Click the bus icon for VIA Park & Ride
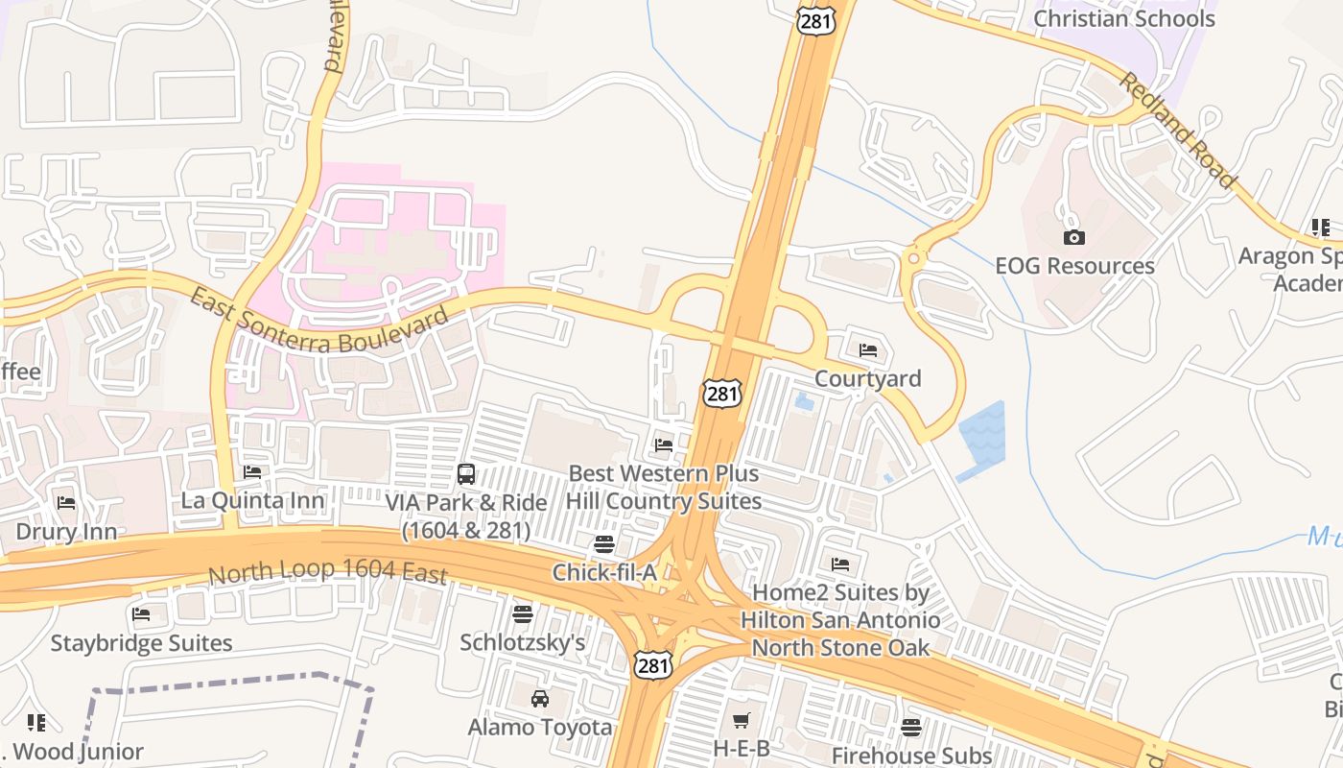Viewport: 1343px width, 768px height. point(465,473)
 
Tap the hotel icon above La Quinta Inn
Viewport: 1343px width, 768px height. point(252,471)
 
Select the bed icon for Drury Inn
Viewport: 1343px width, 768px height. point(66,502)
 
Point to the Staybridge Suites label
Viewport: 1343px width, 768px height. point(141,643)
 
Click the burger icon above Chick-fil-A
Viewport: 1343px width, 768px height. point(603,544)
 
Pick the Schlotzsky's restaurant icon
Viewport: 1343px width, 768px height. point(523,612)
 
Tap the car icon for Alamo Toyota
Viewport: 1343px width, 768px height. point(540,698)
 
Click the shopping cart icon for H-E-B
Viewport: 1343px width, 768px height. point(741,720)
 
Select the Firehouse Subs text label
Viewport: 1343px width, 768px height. point(911,756)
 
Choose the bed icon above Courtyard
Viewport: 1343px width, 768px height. point(868,350)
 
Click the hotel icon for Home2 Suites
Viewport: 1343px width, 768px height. point(840,564)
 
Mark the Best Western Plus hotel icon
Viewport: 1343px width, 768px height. point(663,444)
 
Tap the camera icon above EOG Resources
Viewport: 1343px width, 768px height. point(1074,237)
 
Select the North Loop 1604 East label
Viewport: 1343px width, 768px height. point(328,572)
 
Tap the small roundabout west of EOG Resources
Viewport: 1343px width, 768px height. point(912,257)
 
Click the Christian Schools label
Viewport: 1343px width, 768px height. point(1123,18)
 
